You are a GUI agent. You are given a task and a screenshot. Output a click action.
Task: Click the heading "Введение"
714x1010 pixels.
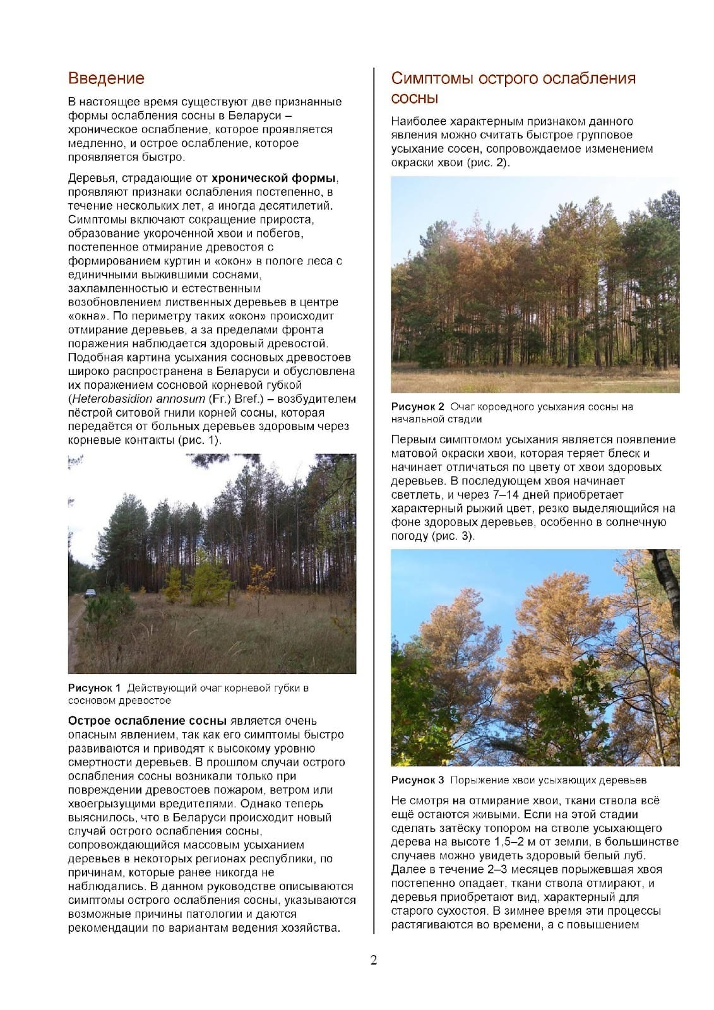pos(106,78)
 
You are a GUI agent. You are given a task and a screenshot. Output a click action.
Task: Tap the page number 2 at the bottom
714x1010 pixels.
pos(373,961)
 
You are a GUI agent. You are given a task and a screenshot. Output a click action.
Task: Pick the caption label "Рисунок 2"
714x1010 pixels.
pos(417,407)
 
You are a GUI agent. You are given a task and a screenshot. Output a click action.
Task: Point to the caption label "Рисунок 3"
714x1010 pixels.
pos(417,780)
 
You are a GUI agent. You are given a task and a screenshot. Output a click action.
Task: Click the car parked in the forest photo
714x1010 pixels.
pos(91,593)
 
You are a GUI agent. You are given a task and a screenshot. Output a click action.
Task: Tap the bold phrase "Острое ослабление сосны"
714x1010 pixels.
pos(147,721)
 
